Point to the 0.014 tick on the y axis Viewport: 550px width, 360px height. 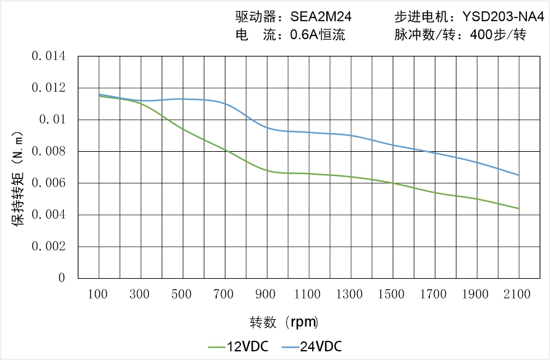coord(48,57)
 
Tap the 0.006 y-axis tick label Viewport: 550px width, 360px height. coord(48,183)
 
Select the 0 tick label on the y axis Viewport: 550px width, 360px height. coord(62,278)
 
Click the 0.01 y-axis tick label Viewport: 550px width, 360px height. coord(52,120)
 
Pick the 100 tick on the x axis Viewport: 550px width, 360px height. coord(99,294)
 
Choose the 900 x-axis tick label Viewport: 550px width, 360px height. coord(266,294)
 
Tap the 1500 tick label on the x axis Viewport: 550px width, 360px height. coord(392,294)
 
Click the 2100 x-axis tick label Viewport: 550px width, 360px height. coord(518,294)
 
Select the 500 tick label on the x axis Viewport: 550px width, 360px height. coord(183,294)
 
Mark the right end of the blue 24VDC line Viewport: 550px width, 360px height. coord(518,175)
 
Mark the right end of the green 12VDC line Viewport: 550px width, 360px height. coord(518,209)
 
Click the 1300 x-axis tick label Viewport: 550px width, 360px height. coord(350,294)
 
